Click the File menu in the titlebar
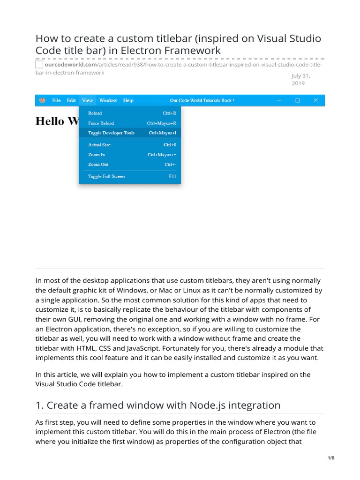coord(56,100)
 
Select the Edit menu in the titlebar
coord(71,100)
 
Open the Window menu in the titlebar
coord(108,100)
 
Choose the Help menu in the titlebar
coord(128,100)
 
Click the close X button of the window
coord(316,100)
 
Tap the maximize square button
coord(297,100)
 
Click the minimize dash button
coord(279,100)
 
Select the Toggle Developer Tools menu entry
coord(111,133)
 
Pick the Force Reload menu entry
coord(101,123)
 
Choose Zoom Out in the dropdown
coord(98,165)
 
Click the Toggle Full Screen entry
coord(106,177)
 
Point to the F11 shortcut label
coord(172,177)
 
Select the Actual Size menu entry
coord(99,145)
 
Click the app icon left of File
coord(42,100)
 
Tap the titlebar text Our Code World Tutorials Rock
coord(202,100)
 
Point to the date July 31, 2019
coord(301,80)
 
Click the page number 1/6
coord(331,458)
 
